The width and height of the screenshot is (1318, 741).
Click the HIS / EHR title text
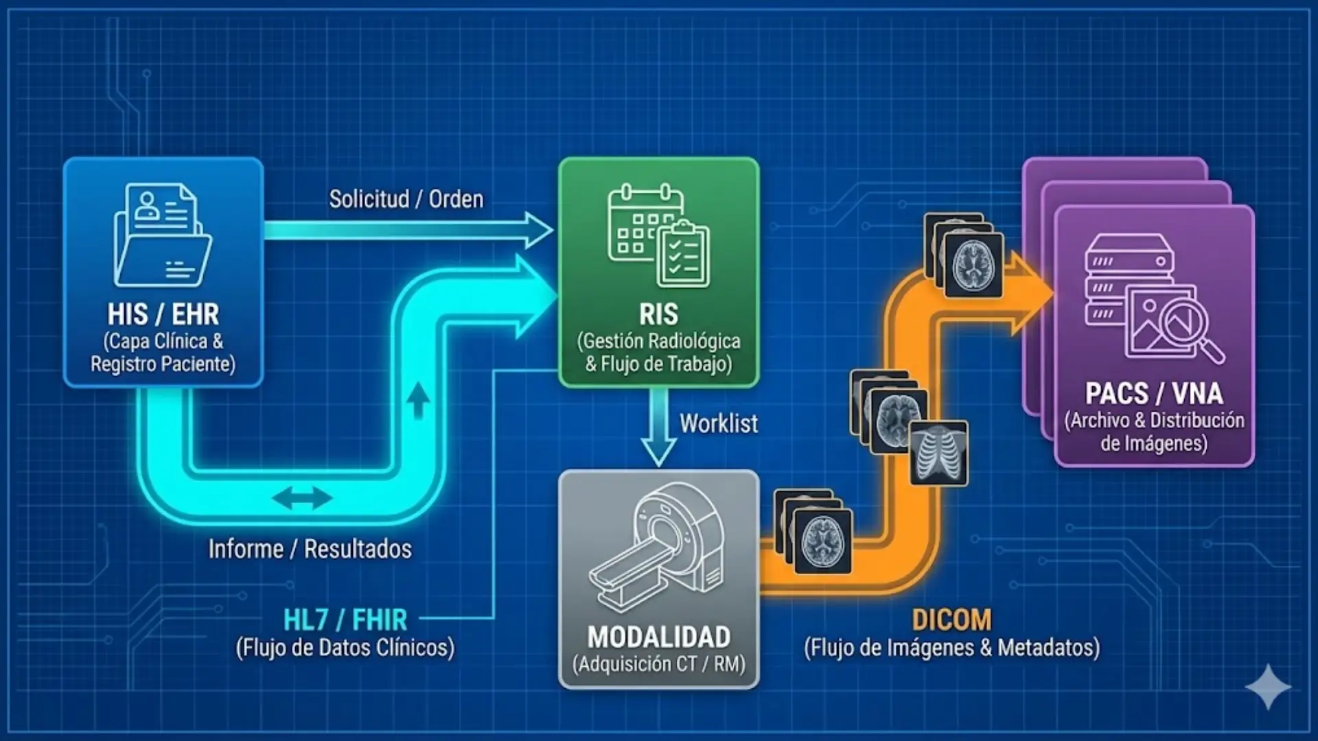point(163,314)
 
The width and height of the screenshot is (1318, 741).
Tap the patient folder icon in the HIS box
point(163,235)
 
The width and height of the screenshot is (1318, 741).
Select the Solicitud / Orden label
point(406,199)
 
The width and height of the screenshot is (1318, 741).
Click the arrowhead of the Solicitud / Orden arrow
point(539,230)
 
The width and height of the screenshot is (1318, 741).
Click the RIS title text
point(658,314)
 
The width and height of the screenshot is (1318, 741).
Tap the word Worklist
point(719,423)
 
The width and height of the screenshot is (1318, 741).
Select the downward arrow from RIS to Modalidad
point(658,429)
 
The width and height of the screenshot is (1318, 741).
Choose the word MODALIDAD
point(658,637)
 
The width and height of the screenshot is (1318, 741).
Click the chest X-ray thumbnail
point(939,453)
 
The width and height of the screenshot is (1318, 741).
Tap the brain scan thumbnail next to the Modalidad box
point(822,541)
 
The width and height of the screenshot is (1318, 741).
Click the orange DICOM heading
point(951,620)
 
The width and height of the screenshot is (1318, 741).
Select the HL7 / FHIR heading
point(345,620)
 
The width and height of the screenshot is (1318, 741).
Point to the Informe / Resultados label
point(310,549)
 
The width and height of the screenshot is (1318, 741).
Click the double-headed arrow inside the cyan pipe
point(302,498)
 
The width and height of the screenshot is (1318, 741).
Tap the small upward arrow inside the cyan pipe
point(418,400)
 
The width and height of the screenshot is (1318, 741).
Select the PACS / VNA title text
point(1153,393)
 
